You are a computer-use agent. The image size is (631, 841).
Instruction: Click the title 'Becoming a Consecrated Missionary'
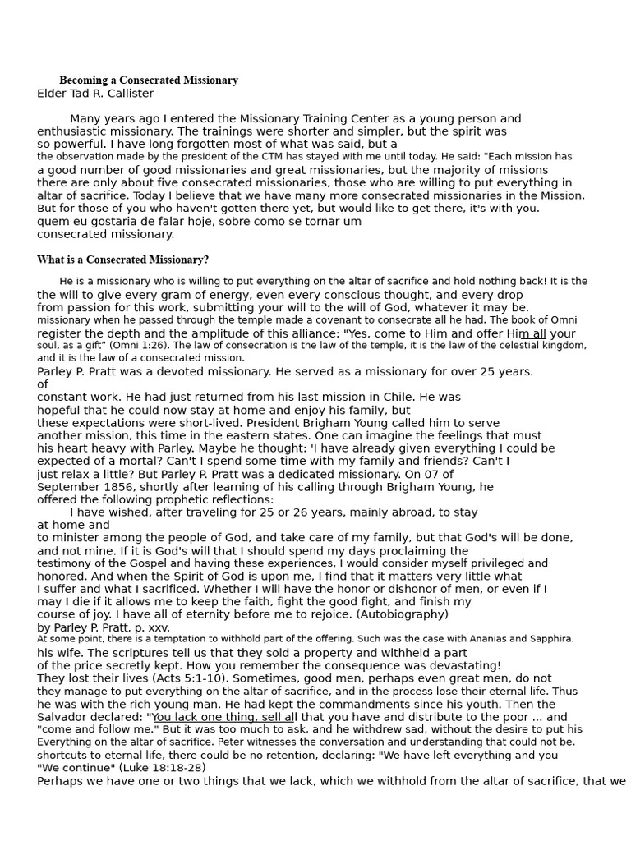tap(149, 80)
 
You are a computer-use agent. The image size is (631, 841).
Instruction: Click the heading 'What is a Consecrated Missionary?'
tap(122, 260)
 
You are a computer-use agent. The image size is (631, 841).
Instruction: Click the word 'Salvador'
tap(62, 717)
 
